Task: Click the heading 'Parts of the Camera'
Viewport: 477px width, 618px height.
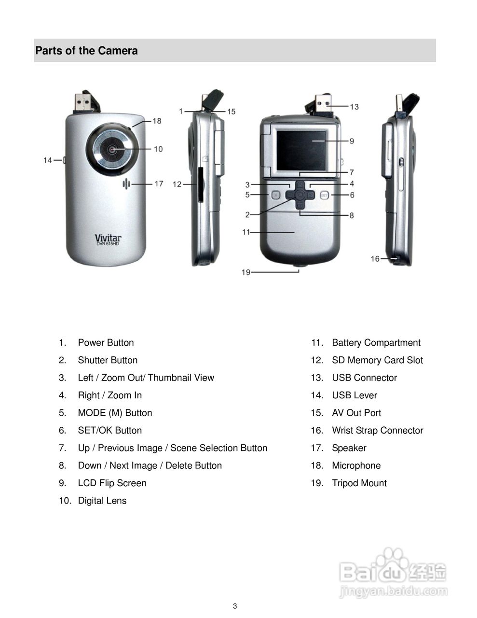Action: (86, 51)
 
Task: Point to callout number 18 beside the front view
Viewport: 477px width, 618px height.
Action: (157, 121)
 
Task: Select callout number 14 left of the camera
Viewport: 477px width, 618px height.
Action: (48, 160)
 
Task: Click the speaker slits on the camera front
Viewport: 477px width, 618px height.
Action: (127, 184)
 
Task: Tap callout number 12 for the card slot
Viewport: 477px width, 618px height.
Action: (177, 184)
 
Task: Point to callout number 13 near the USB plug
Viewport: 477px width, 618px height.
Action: (354, 106)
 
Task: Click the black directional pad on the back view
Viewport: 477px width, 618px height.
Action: (300, 195)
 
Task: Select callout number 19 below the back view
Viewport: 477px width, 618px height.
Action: (246, 272)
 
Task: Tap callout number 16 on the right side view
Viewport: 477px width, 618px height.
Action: (375, 259)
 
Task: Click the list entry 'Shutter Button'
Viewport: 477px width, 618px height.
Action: (108, 360)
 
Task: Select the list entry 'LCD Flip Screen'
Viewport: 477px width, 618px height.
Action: (112, 483)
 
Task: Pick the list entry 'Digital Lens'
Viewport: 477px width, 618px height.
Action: (102, 501)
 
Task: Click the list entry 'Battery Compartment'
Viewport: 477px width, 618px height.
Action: (376, 343)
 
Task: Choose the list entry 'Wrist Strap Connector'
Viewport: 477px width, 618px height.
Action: (377, 430)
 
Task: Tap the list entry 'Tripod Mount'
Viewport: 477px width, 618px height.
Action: (359, 483)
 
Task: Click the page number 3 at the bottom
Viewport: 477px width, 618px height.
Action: (235, 606)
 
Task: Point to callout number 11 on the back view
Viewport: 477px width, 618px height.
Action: (246, 232)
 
